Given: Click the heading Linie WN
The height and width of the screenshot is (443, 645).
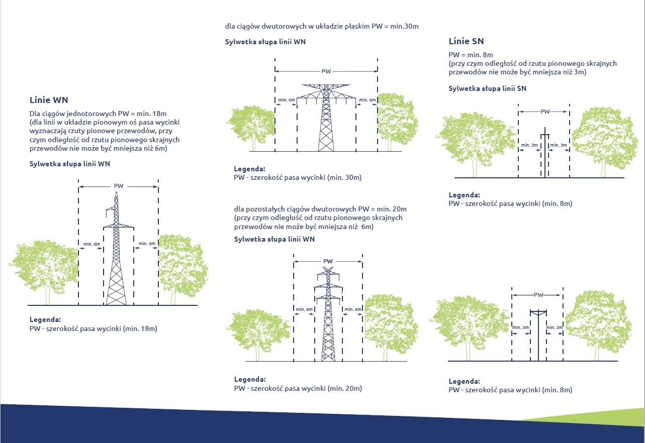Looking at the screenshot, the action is tap(49, 100).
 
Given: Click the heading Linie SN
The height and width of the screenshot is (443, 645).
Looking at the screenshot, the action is tap(466, 41).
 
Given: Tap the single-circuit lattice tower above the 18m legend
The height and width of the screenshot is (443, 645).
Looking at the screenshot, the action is tap(116, 249).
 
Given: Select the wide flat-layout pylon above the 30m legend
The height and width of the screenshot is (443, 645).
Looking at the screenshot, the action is tap(326, 118).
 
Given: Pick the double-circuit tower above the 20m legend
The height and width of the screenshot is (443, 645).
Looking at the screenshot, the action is tap(328, 313).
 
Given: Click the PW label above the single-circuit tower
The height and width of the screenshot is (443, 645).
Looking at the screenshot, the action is tap(118, 186).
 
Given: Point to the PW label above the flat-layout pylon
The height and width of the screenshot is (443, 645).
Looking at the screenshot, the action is tap(326, 71).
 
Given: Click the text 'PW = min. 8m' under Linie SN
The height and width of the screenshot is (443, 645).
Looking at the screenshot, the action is tap(471, 55).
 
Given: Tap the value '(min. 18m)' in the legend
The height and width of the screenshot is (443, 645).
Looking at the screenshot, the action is tap(140, 328).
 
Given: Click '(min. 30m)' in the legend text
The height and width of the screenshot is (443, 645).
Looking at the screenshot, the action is tap(344, 177).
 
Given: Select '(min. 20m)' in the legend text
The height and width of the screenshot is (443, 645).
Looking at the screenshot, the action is tap(345, 388).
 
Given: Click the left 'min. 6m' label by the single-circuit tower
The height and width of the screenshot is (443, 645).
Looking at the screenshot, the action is tap(91, 244).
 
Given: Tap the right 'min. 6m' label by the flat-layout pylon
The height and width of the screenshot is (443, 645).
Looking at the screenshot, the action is tap(367, 100).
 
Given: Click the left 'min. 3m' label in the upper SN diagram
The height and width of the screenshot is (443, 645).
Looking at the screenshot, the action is tap(529, 145).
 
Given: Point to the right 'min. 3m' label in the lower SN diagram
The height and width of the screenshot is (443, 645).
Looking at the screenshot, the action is tap(555, 327).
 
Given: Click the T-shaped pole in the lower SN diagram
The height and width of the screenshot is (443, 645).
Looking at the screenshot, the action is tap(538, 335).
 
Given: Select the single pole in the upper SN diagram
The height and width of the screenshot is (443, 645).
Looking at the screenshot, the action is tap(545, 153).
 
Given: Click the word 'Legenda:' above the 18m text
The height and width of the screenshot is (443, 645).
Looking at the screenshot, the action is tap(45, 319).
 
